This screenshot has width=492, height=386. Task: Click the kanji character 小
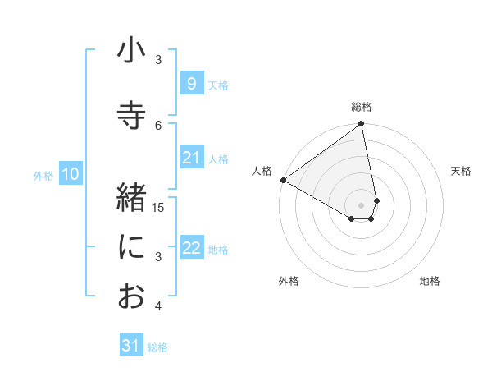coord(131,52)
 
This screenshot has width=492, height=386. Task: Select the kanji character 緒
coord(131,198)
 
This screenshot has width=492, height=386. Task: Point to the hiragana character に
coord(131,247)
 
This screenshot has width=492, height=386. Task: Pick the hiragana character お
coord(131,296)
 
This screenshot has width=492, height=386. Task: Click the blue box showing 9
coord(191,83)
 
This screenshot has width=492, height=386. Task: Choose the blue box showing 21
coord(191,158)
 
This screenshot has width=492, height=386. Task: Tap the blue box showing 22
coord(191,248)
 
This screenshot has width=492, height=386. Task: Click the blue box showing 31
coord(131,346)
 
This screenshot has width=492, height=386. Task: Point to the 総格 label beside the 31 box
coord(157,347)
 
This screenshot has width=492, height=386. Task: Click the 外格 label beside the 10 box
coord(43,175)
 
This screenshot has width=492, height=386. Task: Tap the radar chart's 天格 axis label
coord(461,171)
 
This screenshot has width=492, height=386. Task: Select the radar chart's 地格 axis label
coord(430,281)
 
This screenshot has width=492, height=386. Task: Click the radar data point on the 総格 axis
coord(361,124)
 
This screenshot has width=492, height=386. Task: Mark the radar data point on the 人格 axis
coord(283,180)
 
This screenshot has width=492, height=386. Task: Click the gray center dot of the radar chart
coord(361,204)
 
